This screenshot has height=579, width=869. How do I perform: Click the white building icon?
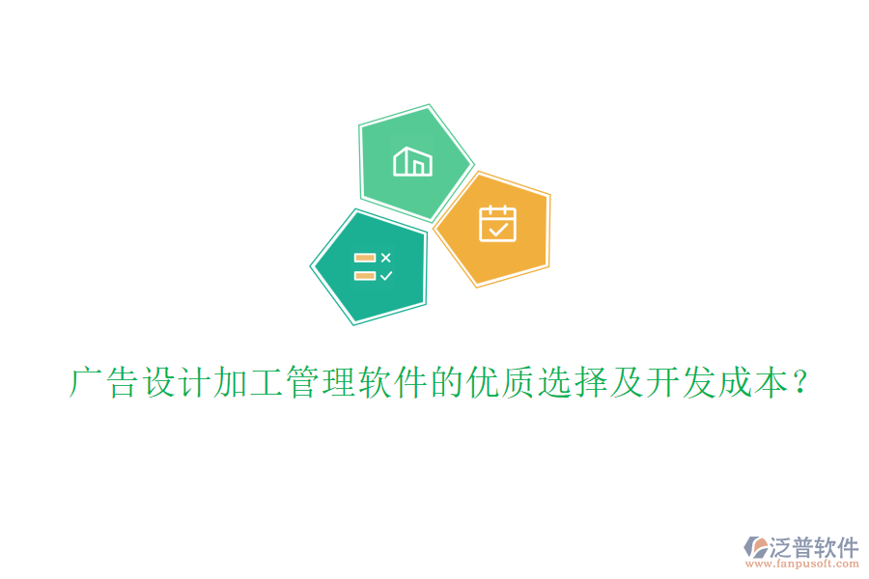coord(412,161)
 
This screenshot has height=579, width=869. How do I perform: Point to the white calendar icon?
coord(498,223)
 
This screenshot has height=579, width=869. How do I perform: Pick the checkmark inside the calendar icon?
coord(498,230)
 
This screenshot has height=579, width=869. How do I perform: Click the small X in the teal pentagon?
coord(385,258)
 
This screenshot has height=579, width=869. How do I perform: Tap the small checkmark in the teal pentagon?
coord(385,276)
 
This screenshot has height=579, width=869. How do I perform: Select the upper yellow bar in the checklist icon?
coord(365,258)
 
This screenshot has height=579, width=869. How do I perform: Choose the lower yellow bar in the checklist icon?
coord(365,276)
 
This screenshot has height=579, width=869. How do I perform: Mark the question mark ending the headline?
coord(800,383)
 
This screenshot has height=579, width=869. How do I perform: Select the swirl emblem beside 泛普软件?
coord(756,549)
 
